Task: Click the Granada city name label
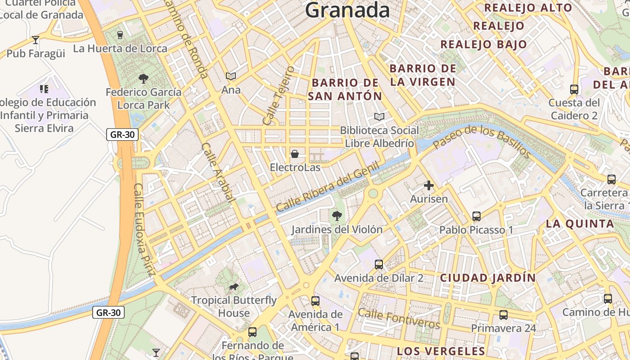(347, 10)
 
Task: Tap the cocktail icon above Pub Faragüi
(36, 40)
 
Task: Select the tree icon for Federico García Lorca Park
(144, 79)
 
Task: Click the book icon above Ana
(231, 76)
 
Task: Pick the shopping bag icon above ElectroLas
(295, 154)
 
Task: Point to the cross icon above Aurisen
(429, 185)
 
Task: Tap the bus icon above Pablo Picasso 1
(477, 216)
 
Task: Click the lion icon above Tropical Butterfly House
(233, 287)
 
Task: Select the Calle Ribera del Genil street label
(328, 187)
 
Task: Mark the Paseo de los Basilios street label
(482, 141)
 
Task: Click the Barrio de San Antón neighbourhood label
(346, 89)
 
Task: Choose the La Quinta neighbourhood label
(580, 224)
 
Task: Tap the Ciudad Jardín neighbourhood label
(488, 278)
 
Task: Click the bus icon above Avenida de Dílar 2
(379, 265)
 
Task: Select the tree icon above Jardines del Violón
(337, 216)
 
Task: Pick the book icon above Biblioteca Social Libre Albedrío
(379, 117)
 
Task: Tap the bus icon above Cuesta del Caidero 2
(574, 89)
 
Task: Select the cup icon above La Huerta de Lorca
(120, 35)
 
